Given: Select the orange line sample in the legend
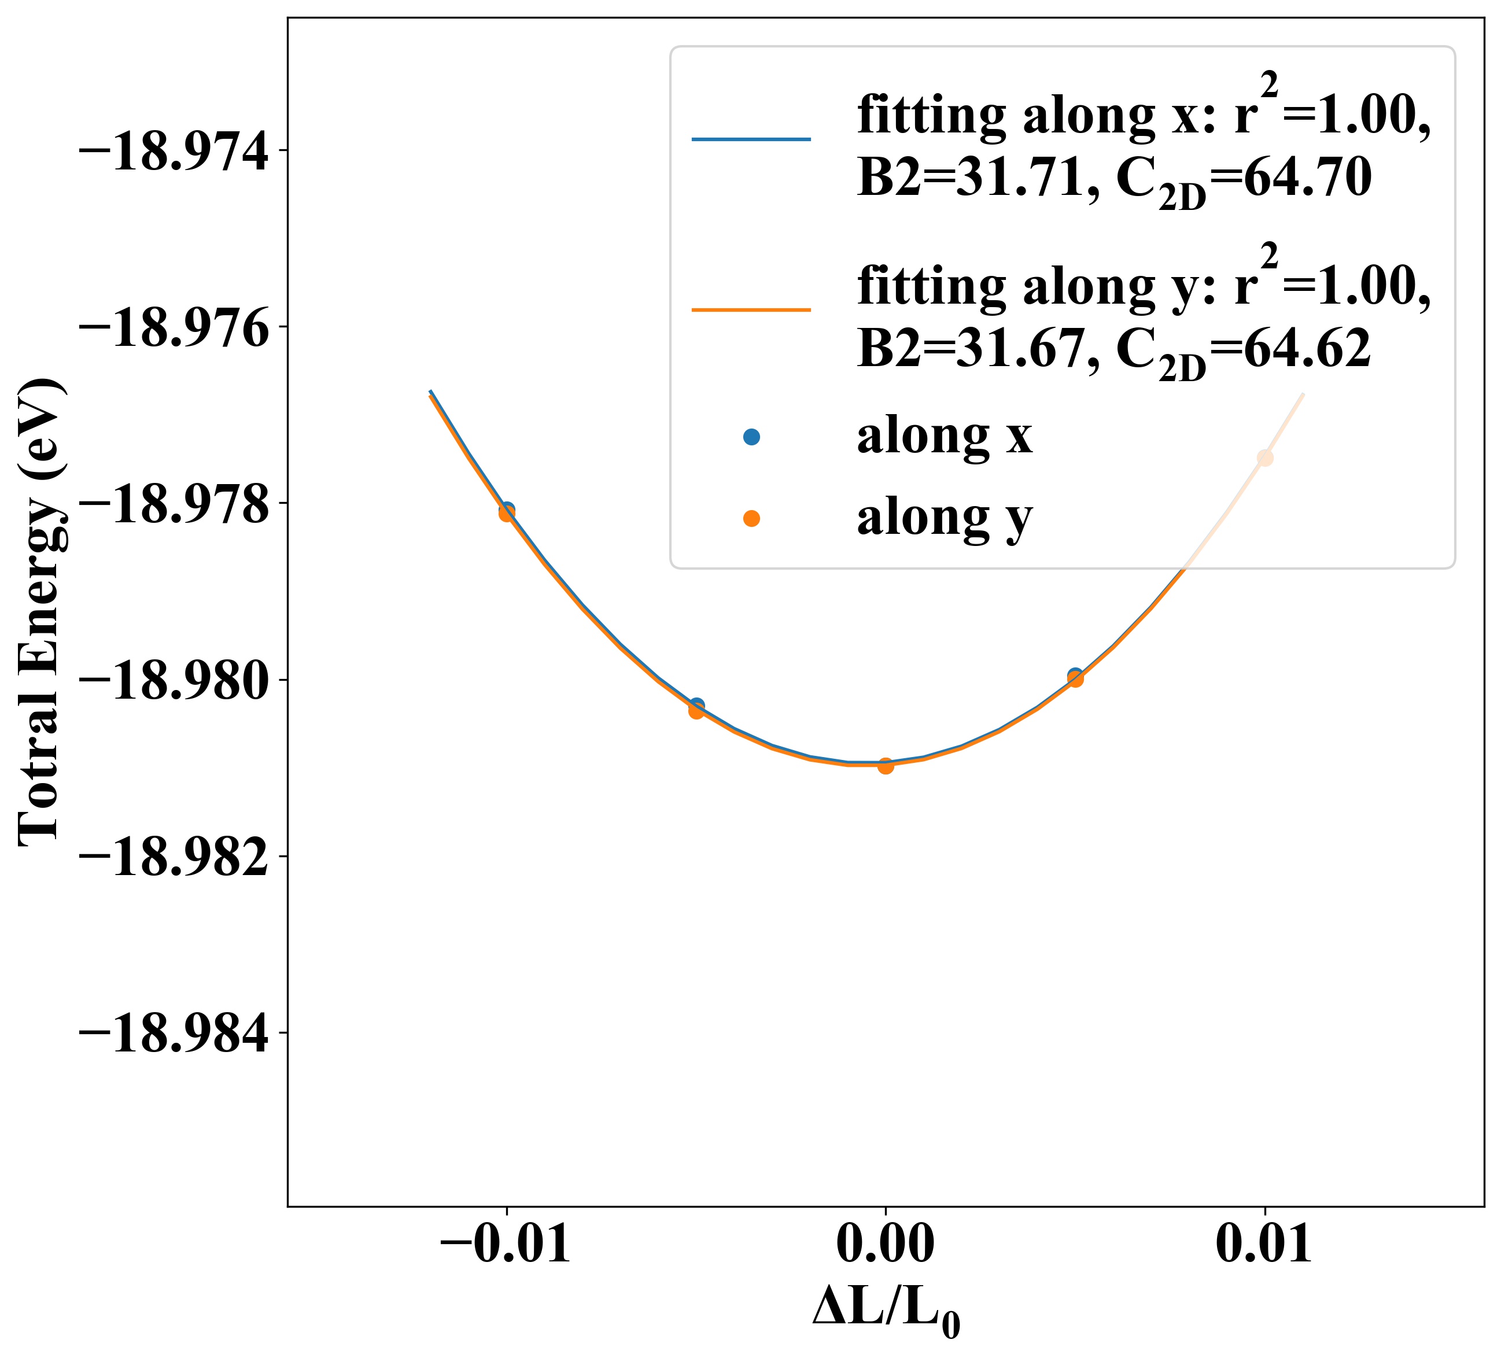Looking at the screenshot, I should pyautogui.click(x=751, y=309).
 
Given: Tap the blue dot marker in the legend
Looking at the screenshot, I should pyautogui.click(x=751, y=438).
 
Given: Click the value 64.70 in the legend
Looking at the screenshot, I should pyautogui.click(x=1307, y=179).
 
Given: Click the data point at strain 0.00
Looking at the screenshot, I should pyautogui.click(x=885, y=765).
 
